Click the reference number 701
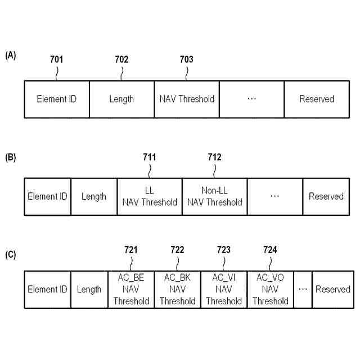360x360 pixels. click(56, 59)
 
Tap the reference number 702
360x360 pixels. click(121, 59)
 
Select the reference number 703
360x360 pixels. click(186, 59)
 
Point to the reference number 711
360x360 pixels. click(150, 157)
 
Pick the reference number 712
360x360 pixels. click(214, 157)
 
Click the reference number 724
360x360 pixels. click(270, 249)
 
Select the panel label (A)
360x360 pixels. click(11, 55)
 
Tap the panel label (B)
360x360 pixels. click(11, 157)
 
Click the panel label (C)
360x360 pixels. click(11, 254)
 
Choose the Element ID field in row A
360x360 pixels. click(56, 99)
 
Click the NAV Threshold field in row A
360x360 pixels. click(187, 99)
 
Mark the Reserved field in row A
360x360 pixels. click(317, 99)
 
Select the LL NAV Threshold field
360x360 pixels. click(150, 196)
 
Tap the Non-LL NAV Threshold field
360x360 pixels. click(214, 196)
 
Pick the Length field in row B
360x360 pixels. click(94, 196)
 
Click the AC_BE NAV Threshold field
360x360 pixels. click(131, 289)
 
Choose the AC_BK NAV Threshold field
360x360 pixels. click(177, 289)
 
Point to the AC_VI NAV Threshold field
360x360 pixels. click(224, 289)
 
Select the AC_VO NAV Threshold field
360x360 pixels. click(270, 289)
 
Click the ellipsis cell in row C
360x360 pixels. click(303, 289)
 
